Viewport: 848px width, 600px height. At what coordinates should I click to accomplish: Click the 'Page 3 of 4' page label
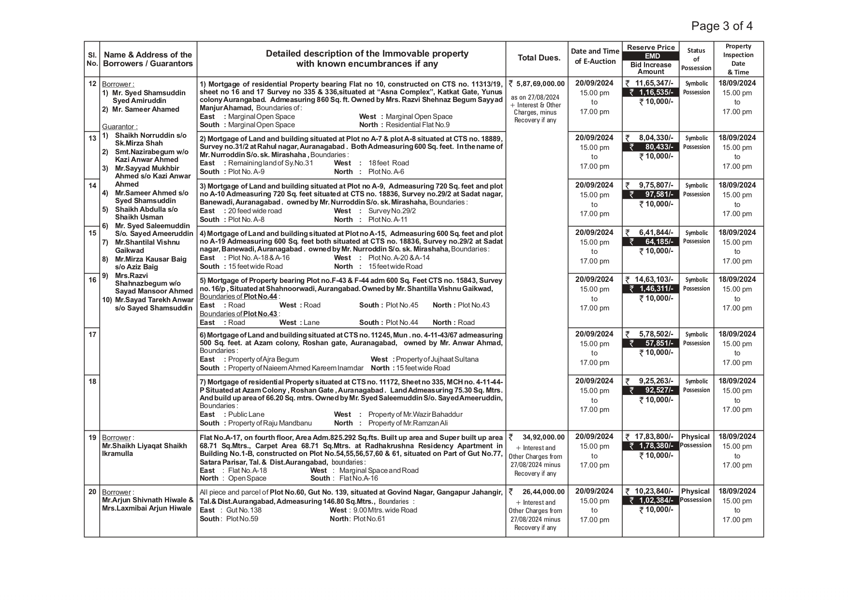click(721, 26)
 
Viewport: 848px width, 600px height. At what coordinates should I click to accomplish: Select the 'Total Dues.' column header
click(539, 58)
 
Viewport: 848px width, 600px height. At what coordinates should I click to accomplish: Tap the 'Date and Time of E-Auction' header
click(595, 56)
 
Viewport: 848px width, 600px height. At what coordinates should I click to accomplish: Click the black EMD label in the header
click(652, 56)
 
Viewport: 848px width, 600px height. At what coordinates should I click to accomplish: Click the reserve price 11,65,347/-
click(654, 83)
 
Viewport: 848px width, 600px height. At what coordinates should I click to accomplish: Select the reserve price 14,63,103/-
click(654, 279)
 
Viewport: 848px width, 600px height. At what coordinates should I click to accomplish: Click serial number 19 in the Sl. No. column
click(92, 438)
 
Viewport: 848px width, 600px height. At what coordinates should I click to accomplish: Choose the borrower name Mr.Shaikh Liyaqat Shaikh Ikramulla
click(144, 450)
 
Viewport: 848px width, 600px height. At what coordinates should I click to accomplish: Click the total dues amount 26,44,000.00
click(543, 492)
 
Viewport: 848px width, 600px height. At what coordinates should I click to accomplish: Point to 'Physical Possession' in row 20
click(696, 496)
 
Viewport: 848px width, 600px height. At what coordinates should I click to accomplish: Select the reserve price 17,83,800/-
click(654, 437)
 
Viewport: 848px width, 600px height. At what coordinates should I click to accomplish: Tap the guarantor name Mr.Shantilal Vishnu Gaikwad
click(147, 246)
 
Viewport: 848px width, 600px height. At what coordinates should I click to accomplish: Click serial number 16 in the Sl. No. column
click(92, 279)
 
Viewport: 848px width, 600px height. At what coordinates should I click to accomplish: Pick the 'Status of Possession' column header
click(696, 59)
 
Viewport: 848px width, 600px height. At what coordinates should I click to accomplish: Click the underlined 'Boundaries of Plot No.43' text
click(239, 314)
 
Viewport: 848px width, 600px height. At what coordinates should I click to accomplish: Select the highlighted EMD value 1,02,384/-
click(656, 500)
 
